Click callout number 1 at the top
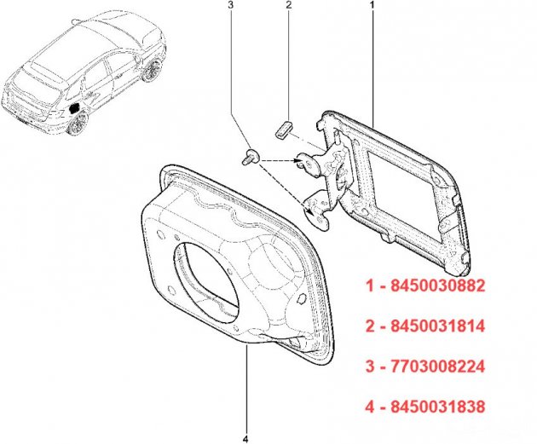tap(372, 5)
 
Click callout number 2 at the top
tap(288, 5)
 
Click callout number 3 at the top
tap(231, 5)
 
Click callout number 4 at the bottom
tap(245, 439)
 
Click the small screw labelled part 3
tap(251, 157)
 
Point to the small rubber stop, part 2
tap(284, 130)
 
